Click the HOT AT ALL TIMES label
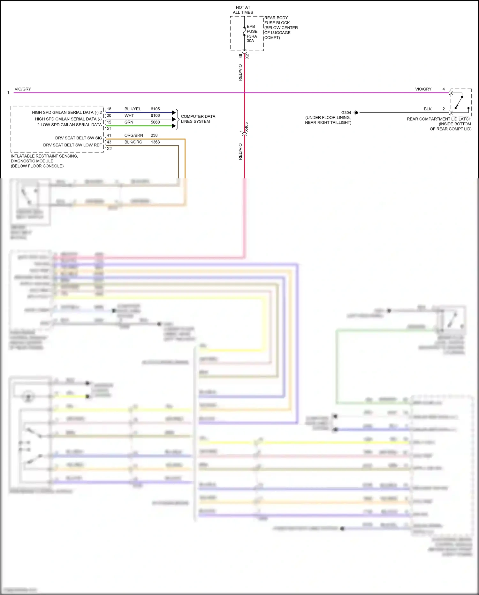[x=243, y=10]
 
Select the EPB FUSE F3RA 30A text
[x=252, y=34]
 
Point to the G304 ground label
[x=346, y=113]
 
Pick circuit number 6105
[x=155, y=109]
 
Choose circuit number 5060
[x=155, y=122]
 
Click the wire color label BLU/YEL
[x=133, y=109]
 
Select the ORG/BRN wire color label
[x=133, y=135]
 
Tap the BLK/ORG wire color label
[x=133, y=142]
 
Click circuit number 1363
[x=155, y=142]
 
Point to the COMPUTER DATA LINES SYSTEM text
[x=198, y=119]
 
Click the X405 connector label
[x=247, y=127]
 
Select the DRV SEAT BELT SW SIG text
[x=79, y=138]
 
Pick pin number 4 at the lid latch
[x=444, y=89]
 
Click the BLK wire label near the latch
[x=428, y=109]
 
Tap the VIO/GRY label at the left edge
[x=23, y=89]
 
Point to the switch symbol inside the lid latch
[x=459, y=102]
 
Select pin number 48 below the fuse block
[x=240, y=56]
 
